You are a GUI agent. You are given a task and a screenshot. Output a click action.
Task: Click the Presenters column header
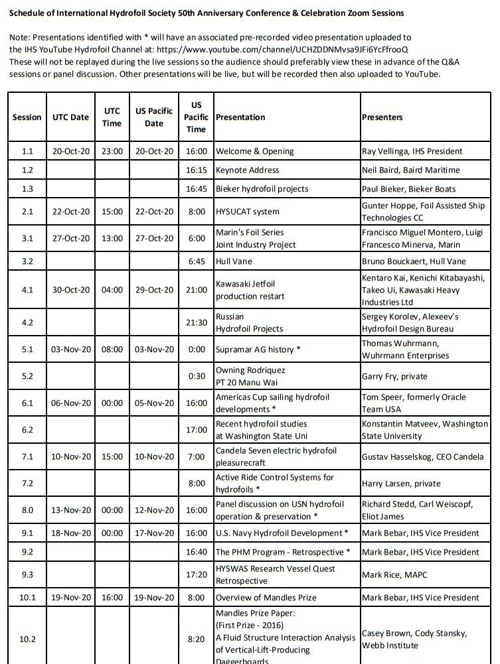pyautogui.click(x=382, y=117)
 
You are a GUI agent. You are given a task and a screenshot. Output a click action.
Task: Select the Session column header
pyautogui.click(x=27, y=117)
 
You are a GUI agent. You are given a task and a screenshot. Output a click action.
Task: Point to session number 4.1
pyautogui.click(x=27, y=291)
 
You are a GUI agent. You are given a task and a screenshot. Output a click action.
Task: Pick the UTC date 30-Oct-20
pyautogui.click(x=70, y=291)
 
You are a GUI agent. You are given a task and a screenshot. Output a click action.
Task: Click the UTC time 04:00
pyautogui.click(x=112, y=291)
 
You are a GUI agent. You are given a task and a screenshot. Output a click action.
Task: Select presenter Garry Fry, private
pyautogui.click(x=394, y=376)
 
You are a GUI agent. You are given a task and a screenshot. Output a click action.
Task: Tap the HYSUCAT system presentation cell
pyautogui.click(x=248, y=212)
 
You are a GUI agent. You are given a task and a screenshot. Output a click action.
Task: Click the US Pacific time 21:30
pyautogui.click(x=196, y=322)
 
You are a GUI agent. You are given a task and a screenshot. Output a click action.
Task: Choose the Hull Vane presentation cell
pyautogui.click(x=234, y=261)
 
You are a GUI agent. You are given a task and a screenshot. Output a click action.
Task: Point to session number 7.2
pyautogui.click(x=27, y=484)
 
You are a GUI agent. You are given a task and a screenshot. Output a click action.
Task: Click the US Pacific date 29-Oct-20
pyautogui.click(x=154, y=291)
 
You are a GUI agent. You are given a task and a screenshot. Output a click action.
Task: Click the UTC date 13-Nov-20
pyautogui.click(x=70, y=510)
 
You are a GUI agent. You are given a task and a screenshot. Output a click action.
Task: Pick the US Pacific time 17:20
pyautogui.click(x=196, y=574)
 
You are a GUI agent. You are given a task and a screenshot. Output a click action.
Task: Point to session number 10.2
pyautogui.click(x=27, y=639)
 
